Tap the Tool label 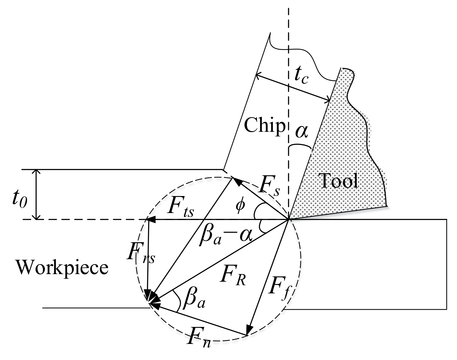coord(339,181)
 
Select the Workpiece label coord(62,267)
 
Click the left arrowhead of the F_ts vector coord(150,219)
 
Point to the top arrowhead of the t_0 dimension coord(36,172)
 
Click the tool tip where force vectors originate coord(288,219)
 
